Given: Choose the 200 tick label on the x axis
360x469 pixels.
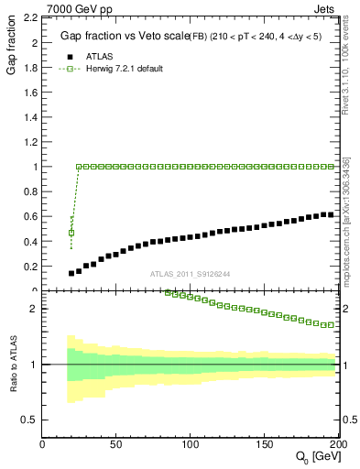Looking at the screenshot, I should tap(337, 443).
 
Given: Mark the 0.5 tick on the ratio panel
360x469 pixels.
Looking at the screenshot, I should tap(30, 420).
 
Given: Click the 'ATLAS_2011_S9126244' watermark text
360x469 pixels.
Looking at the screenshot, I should tap(189, 273).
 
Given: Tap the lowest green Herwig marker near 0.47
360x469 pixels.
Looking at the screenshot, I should tap(71, 233).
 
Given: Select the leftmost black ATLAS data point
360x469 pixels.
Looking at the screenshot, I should tap(71, 273).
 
